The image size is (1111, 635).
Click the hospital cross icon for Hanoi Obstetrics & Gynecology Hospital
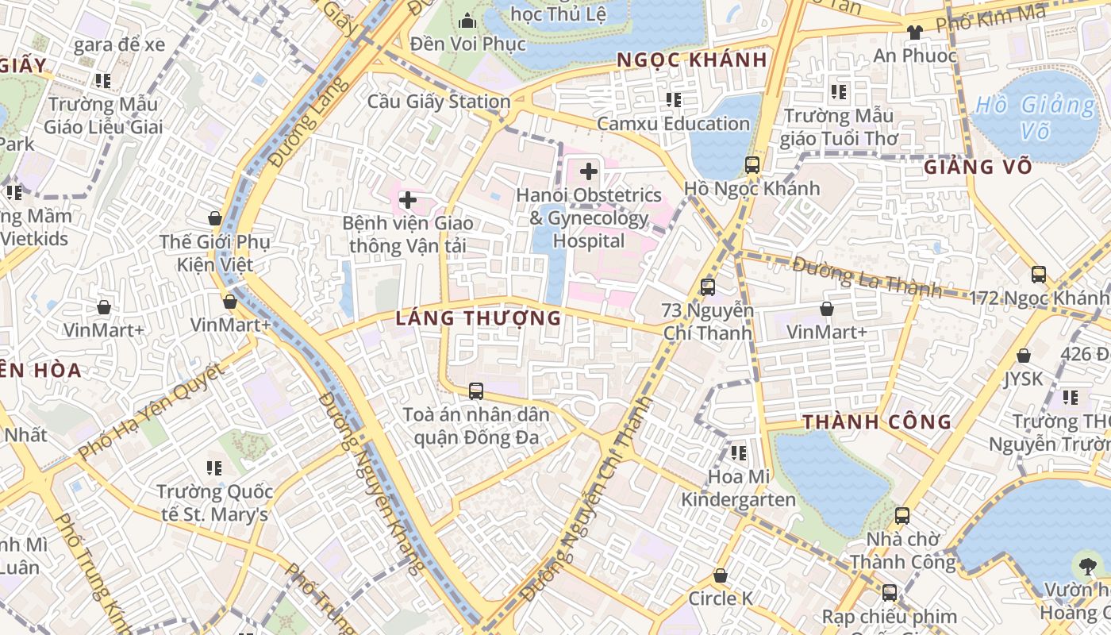[x=589, y=171]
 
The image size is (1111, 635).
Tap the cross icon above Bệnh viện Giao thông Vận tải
[x=407, y=200]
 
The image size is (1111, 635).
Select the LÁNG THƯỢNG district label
[x=479, y=318]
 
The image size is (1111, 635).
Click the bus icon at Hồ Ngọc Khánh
[x=752, y=165]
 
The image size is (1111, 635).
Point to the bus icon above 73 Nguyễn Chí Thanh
[x=707, y=287]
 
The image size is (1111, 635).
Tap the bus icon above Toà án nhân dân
[x=475, y=391]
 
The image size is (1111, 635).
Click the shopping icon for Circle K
[x=721, y=575]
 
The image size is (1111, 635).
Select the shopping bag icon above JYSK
[x=1024, y=356]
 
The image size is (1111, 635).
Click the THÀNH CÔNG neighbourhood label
[x=877, y=421]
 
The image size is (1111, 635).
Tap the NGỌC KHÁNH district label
[x=692, y=60]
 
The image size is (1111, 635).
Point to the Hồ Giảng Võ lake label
[x=1035, y=117]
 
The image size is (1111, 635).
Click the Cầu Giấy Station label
[x=439, y=102]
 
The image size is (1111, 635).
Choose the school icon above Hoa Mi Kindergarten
[x=738, y=453]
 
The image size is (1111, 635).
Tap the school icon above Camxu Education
[x=673, y=100]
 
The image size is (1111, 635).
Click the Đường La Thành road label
[x=867, y=278]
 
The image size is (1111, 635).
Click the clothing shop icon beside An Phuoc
[x=914, y=33]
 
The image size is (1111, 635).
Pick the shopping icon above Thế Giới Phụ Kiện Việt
[x=214, y=218]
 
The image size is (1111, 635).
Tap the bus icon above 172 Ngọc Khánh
[x=1038, y=275]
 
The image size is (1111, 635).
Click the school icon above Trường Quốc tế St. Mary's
[x=214, y=468]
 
